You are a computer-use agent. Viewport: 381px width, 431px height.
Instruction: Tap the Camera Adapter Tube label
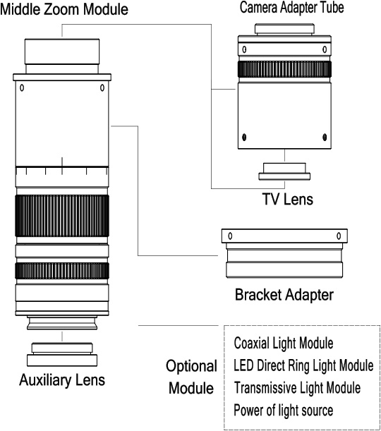tap(291, 7)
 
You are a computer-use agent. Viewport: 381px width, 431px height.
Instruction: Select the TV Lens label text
tap(288, 199)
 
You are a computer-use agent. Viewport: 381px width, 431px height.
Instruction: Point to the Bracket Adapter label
tap(284, 295)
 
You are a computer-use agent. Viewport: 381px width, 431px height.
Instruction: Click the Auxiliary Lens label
tap(62, 380)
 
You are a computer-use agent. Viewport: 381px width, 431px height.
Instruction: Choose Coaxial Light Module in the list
tap(284, 343)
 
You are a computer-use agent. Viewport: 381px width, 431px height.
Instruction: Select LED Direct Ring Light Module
tap(303, 365)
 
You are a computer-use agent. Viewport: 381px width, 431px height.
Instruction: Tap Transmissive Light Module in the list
tap(297, 387)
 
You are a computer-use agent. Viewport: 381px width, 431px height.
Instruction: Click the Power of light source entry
tap(284, 411)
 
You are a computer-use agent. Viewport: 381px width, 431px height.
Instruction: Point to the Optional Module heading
tap(191, 377)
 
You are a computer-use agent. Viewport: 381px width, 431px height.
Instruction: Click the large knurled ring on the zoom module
tap(62, 216)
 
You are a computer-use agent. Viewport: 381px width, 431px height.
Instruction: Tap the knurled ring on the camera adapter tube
tap(284, 69)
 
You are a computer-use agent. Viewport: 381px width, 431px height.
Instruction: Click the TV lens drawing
tap(284, 172)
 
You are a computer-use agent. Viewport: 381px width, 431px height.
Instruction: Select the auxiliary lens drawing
tap(62, 355)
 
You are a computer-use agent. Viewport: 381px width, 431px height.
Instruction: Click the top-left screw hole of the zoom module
tap(22, 87)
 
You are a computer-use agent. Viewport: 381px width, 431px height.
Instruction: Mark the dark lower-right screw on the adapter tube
tap(325, 137)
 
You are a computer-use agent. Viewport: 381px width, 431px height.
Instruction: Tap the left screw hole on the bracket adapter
tap(230, 236)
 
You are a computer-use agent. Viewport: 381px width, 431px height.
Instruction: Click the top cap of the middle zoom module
tap(62, 51)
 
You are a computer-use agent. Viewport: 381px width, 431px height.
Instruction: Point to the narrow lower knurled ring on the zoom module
tap(62, 271)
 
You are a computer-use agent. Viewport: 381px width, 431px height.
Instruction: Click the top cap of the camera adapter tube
tap(284, 30)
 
